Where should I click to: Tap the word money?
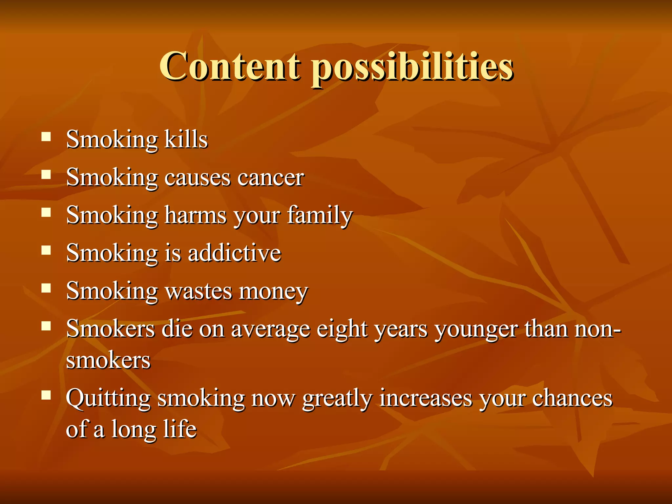(273, 291)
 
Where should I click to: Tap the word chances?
(572, 398)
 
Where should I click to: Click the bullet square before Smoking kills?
(46, 136)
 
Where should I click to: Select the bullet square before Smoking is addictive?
(46, 250)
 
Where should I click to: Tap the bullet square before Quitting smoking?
(46, 395)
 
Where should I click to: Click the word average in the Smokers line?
(270, 329)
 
